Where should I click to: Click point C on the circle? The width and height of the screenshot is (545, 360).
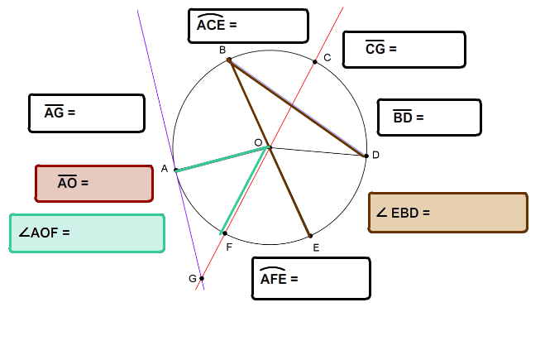click(315, 62)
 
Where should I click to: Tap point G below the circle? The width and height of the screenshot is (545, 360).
click(202, 278)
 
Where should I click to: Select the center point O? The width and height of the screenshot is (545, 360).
click(270, 147)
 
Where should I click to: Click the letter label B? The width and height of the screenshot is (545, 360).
click(222, 50)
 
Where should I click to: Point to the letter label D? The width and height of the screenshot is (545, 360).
click(375, 155)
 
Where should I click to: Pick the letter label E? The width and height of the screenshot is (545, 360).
click(316, 247)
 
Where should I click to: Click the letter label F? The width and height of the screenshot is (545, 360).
click(229, 247)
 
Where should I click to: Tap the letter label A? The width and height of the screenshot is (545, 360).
click(165, 169)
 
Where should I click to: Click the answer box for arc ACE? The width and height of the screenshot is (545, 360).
click(248, 26)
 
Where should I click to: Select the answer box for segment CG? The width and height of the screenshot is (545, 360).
click(404, 50)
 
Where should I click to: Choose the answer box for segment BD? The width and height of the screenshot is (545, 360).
click(429, 118)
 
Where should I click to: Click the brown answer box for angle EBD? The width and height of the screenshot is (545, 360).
click(448, 212)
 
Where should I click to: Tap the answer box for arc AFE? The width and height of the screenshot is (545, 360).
click(311, 278)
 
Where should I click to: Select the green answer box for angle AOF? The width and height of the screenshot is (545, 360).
click(87, 233)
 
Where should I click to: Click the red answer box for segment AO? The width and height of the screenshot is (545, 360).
click(94, 183)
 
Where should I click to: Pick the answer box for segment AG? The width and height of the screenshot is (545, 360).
click(87, 113)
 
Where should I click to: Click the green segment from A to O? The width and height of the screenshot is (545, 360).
click(222, 159)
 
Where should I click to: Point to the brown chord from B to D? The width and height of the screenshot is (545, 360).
click(298, 108)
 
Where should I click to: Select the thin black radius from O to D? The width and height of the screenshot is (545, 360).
click(318, 151)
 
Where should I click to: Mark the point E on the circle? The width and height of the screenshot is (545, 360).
click(310, 236)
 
